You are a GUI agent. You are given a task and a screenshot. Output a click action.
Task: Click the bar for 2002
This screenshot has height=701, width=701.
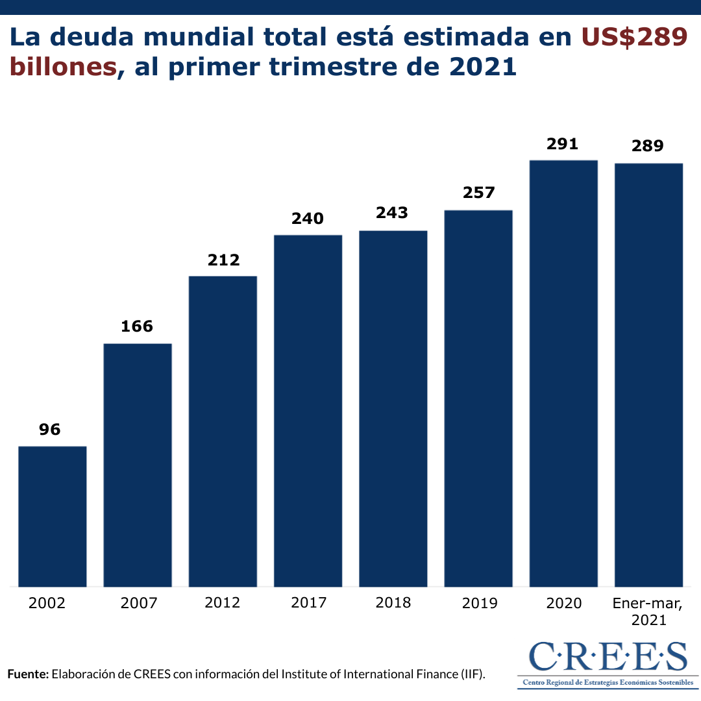[x=53, y=516]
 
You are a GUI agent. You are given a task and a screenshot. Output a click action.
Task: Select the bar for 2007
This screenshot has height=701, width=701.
[x=138, y=465]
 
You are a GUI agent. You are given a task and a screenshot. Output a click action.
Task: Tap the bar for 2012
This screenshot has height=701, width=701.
[x=223, y=431]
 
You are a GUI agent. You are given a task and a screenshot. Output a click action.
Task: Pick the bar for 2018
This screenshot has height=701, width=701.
[x=393, y=408]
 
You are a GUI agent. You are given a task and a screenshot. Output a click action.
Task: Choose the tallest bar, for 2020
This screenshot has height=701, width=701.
[x=563, y=373]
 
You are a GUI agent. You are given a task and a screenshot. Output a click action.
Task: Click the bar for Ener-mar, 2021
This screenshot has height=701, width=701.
[x=648, y=375]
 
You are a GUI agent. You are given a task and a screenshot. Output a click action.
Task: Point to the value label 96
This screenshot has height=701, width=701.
[x=50, y=429]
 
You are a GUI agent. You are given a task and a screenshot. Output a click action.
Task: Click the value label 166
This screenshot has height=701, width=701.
[x=137, y=326]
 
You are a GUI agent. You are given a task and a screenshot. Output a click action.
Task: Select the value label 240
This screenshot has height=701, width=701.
[x=308, y=218]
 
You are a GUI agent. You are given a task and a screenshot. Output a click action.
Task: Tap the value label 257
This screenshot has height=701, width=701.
[x=478, y=193]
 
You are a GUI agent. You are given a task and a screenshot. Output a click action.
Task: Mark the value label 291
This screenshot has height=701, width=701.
[x=562, y=143]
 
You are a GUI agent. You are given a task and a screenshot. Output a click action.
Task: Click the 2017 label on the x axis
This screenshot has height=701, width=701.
[x=308, y=603]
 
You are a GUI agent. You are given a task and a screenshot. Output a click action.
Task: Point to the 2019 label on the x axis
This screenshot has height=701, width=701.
[x=480, y=603]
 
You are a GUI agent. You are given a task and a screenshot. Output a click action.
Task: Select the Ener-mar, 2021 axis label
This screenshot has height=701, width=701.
[x=648, y=611]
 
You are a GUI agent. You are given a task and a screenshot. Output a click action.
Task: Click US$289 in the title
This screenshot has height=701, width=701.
[x=634, y=38]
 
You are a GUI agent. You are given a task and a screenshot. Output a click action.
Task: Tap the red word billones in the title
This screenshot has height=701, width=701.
[x=63, y=67]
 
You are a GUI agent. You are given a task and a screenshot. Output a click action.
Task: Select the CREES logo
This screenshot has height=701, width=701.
[x=608, y=663]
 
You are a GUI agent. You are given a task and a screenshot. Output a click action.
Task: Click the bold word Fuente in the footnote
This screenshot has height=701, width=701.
[x=28, y=674]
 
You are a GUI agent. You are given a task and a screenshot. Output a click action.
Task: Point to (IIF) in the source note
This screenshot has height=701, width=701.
[x=471, y=674]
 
